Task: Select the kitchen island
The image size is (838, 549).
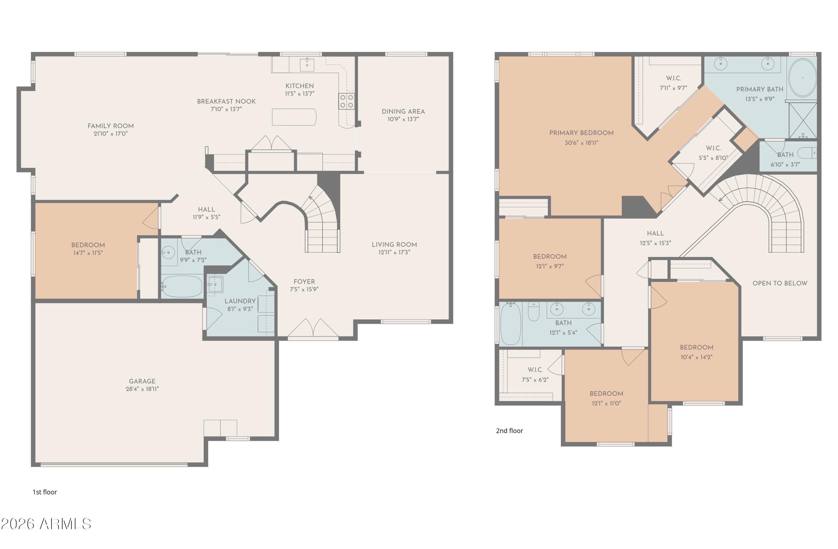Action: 294,117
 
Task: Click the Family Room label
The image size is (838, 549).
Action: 111,126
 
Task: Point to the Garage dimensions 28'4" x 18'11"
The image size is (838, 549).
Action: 142,389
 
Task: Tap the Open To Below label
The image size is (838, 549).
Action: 780,283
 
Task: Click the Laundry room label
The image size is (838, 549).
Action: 240,301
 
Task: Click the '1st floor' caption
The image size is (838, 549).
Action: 45,492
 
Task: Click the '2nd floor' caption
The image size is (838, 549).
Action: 510,431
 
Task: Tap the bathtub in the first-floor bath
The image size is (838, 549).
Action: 182,286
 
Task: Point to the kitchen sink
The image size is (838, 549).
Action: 307,65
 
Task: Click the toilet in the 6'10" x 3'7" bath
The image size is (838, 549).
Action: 807,153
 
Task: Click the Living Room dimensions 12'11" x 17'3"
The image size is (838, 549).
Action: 394,252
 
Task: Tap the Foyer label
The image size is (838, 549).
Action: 304,282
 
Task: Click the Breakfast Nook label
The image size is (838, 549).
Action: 227,101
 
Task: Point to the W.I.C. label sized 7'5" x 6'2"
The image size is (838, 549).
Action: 535,370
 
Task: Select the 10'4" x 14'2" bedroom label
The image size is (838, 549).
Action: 696,347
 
